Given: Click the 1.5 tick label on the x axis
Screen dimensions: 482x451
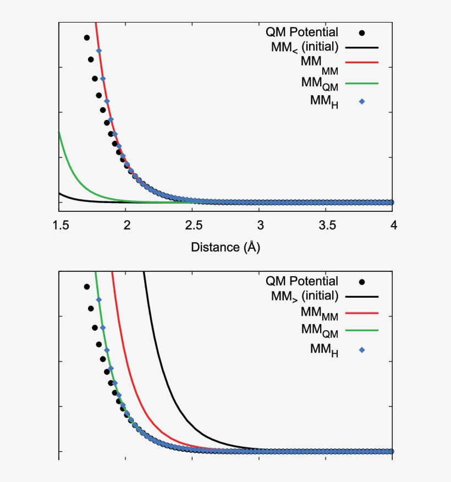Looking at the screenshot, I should click(59, 226).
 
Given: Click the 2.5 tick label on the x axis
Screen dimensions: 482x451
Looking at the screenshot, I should click(193, 226).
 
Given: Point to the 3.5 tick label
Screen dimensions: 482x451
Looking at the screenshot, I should click(326, 226).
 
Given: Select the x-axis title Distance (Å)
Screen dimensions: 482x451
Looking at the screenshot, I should click(226, 247).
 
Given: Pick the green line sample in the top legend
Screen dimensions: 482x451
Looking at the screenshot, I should click(362, 83).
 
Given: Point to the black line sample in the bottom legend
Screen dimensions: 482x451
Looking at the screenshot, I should click(362, 296).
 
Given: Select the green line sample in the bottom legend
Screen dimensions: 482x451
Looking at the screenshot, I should click(362, 331).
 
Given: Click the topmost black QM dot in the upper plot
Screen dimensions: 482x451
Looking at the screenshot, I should click(87, 37).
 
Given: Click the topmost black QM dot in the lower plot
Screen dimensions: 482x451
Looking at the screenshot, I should click(87, 287).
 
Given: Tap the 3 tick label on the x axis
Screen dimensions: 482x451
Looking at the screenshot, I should click(260, 226).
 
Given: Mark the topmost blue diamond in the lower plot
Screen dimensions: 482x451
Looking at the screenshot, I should click(98, 300).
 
